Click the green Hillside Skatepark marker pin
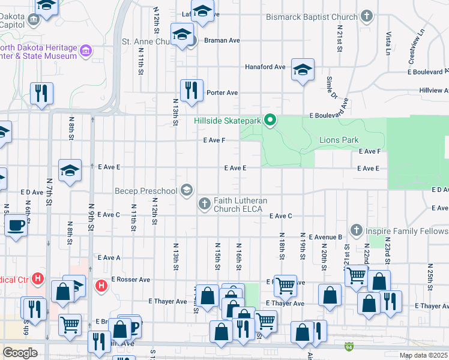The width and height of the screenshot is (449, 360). pos(270,121)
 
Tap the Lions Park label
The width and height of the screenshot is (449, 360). pos(340,140)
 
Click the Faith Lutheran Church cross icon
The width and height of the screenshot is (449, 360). pos(204,204)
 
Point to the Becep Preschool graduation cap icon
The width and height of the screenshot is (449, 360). pos(187,190)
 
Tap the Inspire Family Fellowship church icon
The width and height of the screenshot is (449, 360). pos(357,230)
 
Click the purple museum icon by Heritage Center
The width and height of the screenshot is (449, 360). pos(86,51)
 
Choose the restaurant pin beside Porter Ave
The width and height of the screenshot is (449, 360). pos(191,91)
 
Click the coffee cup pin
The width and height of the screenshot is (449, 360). pos(16,226)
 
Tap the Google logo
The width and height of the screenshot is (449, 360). pos(20,352)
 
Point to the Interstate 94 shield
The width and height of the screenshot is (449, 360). pos(349,346)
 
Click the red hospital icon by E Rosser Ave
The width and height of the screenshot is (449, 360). pos(101,284)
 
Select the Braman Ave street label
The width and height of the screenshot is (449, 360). pos(222,40)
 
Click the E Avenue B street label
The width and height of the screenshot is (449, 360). pos(325,237)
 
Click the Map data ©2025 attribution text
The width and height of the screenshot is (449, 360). pos(423,355)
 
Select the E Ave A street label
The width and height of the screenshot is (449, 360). pos(109,257)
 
